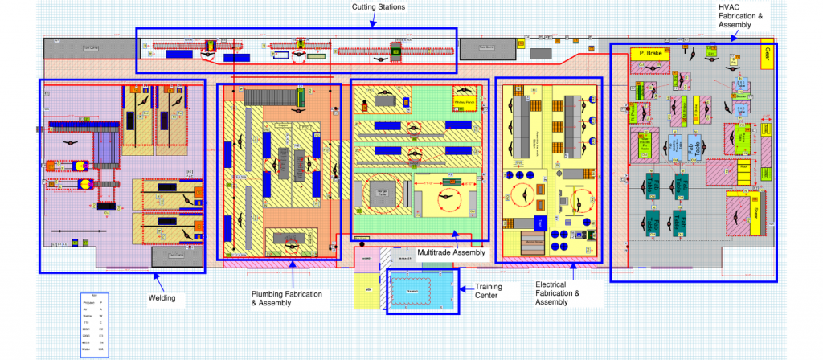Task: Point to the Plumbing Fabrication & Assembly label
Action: [287, 298]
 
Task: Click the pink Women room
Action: [365, 258]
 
